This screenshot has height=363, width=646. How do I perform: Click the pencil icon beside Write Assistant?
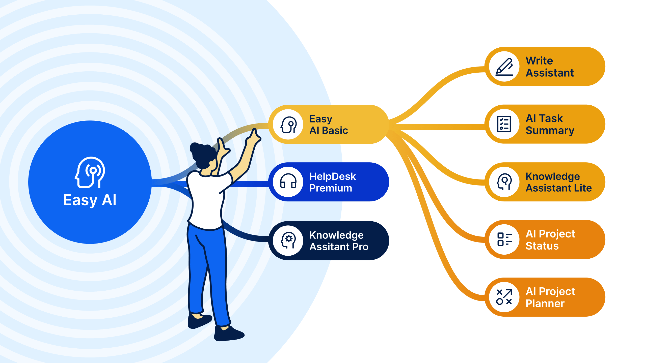(x=504, y=67)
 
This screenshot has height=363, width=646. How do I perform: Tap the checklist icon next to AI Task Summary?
(x=504, y=124)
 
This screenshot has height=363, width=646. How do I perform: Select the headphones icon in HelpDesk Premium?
(x=288, y=181)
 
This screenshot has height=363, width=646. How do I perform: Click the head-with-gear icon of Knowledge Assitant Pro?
(x=288, y=240)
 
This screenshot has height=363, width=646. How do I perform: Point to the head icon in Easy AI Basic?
(x=288, y=125)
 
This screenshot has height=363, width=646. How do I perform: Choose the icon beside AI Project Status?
(x=504, y=239)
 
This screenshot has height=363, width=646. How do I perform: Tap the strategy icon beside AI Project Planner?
(x=504, y=297)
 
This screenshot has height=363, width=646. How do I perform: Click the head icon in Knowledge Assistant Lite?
(x=504, y=182)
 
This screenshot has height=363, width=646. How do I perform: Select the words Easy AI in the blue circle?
(x=90, y=200)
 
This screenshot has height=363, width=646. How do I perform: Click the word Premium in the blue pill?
(x=331, y=188)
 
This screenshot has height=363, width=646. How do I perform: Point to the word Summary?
(x=550, y=131)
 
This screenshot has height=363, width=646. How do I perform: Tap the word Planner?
(x=545, y=304)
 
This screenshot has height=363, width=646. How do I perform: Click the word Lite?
(x=582, y=188)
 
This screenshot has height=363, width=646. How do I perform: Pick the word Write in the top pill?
(x=539, y=61)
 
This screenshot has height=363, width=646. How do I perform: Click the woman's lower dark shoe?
(x=228, y=334)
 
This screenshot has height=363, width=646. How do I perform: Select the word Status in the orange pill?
(x=542, y=246)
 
